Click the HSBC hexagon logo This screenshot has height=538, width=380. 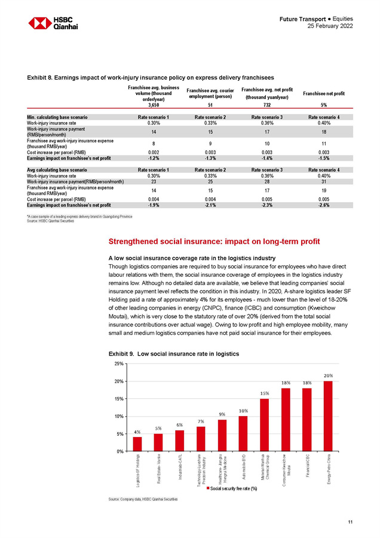tap(40, 23)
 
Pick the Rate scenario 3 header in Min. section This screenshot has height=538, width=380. tap(267, 117)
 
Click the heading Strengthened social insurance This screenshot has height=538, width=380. tap(213, 242)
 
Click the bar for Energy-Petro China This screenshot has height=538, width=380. tap(328, 416)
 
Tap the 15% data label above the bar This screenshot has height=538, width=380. tap(264, 393)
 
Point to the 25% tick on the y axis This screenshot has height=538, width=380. tap(119, 363)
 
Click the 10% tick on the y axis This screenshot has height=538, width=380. tap(119, 416)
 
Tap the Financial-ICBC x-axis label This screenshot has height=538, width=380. tap(307, 466)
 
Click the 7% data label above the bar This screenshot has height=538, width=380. tap(201, 421)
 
